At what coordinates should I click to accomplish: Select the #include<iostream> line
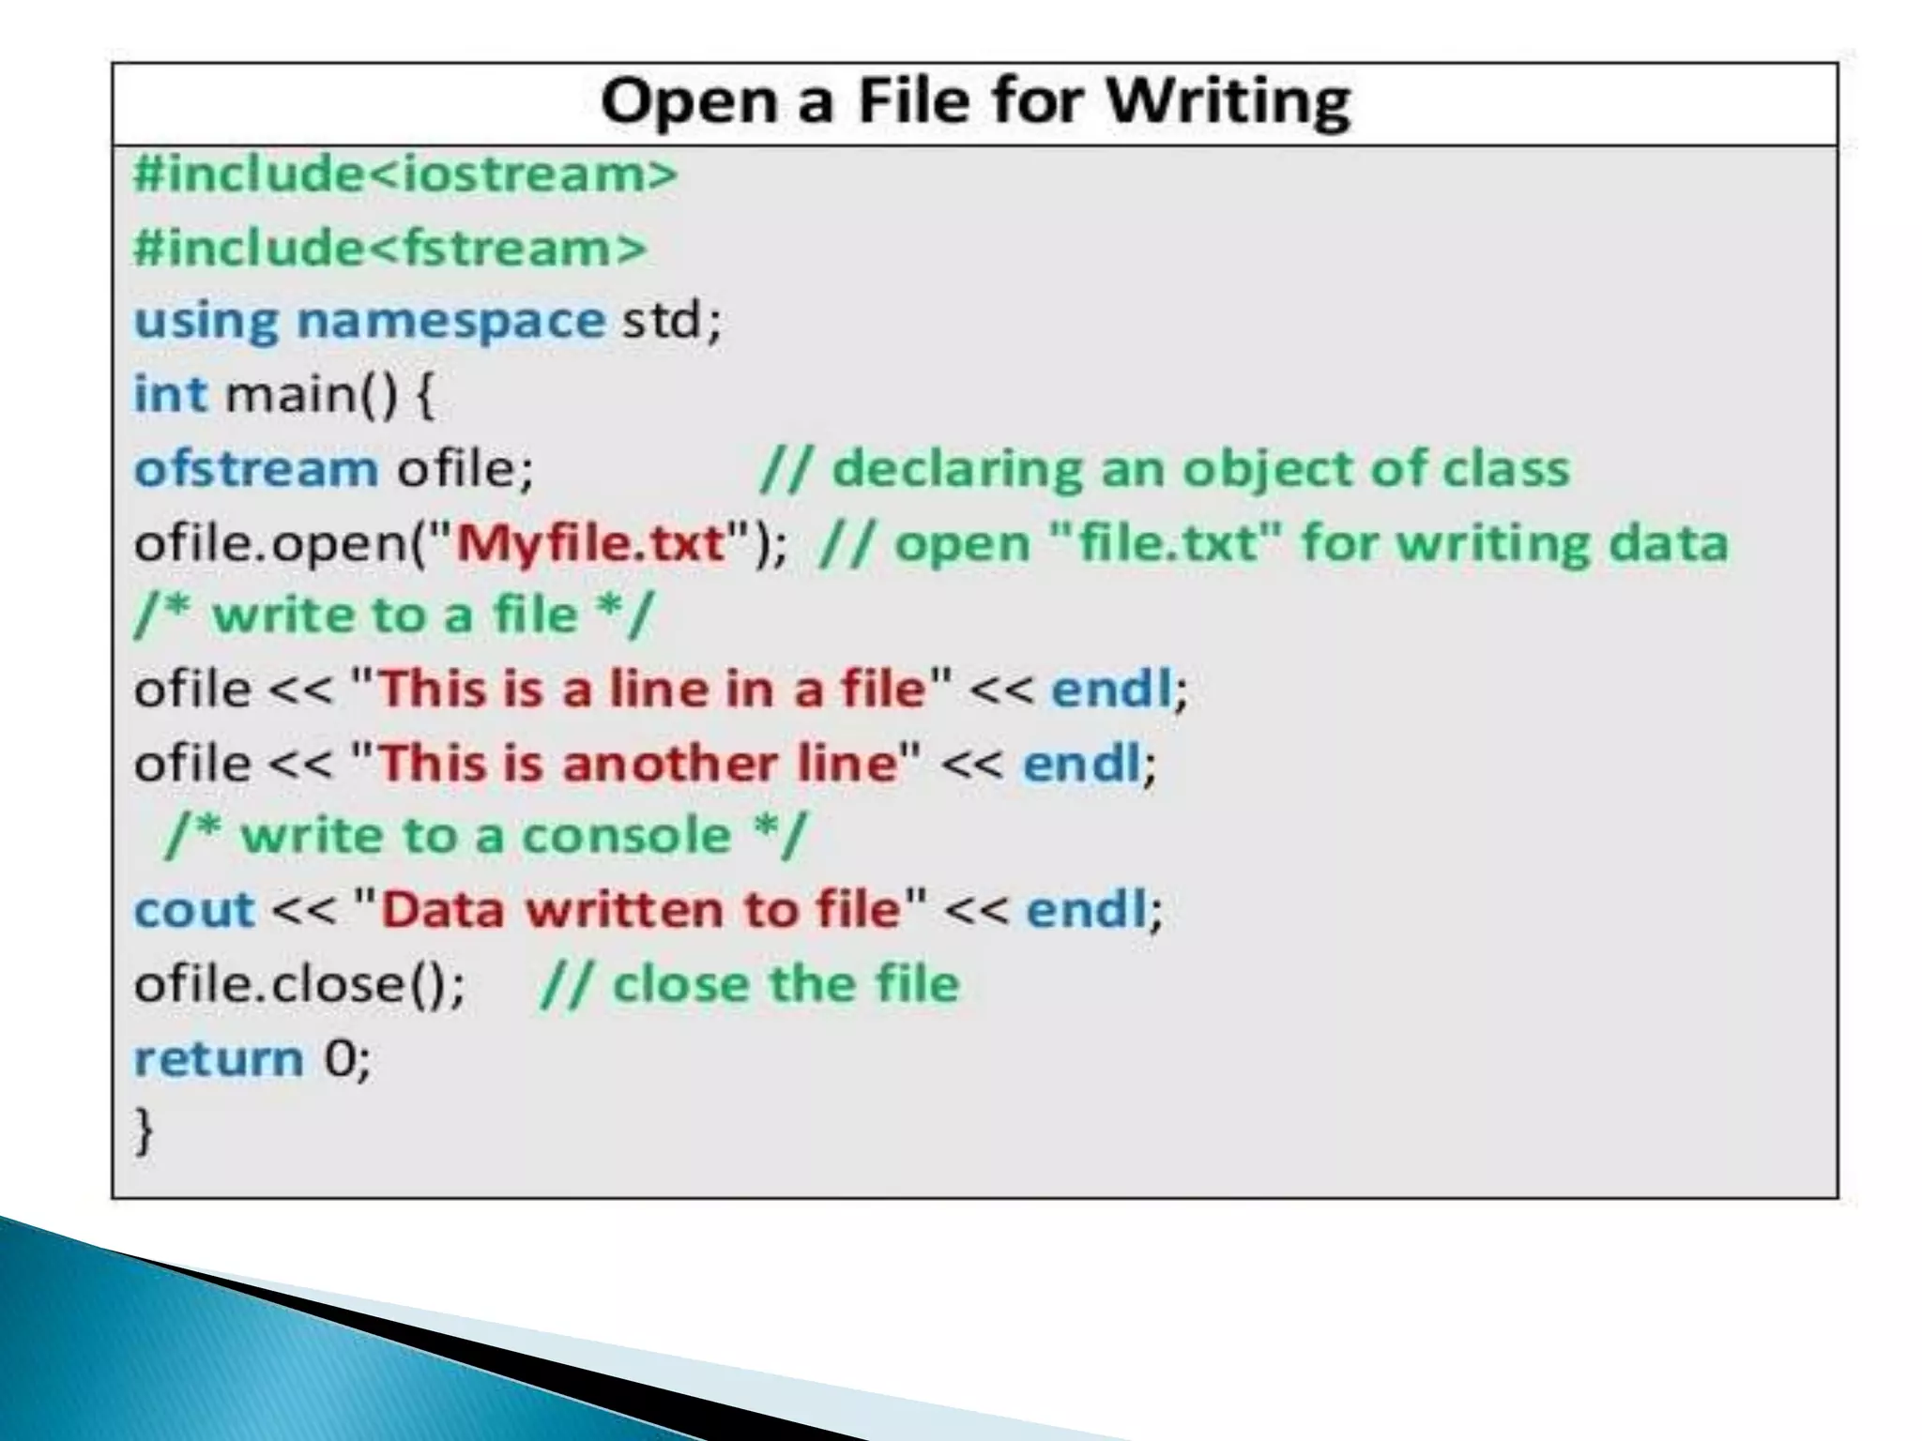[405, 174]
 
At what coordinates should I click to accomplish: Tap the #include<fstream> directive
[390, 248]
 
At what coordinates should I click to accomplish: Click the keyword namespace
[450, 321]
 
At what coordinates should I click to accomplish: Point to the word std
[662, 321]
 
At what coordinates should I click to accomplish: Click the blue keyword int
[170, 393]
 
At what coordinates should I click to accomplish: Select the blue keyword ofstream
[256, 467]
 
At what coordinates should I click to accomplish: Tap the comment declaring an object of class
[1165, 467]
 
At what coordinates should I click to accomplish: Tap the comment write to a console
[485, 835]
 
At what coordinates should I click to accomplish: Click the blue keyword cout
[194, 909]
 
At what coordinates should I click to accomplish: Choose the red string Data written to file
[640, 909]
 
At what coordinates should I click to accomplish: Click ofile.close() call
[298, 983]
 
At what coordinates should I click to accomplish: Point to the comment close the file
[751, 983]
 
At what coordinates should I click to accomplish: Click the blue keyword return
[219, 1057]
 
